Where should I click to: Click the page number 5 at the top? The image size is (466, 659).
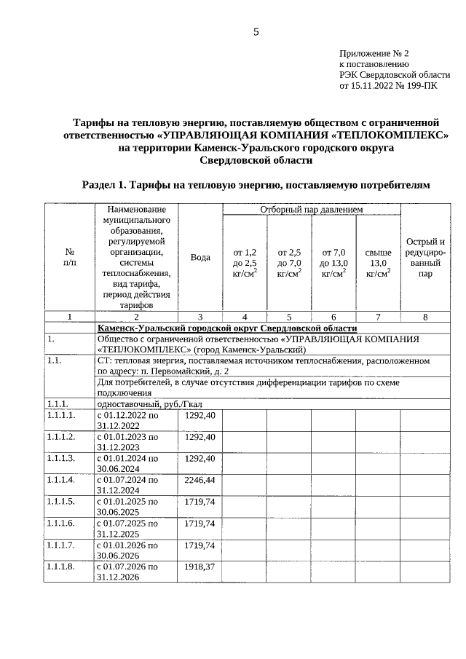pyautogui.click(x=256, y=31)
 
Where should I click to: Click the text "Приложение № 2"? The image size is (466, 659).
pyautogui.click(x=374, y=54)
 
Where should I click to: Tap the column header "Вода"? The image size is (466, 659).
pyautogui.click(x=200, y=258)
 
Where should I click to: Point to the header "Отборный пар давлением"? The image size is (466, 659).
pyautogui.click(x=311, y=210)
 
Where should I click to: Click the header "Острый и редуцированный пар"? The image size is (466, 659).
pyautogui.click(x=425, y=258)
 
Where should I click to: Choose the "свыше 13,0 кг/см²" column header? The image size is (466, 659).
pyautogui.click(x=377, y=263)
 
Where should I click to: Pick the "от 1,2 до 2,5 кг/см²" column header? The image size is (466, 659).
pyautogui.click(x=245, y=263)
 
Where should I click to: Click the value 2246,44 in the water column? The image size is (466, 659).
pyautogui.click(x=200, y=481)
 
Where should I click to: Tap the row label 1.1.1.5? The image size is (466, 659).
pyautogui.click(x=61, y=502)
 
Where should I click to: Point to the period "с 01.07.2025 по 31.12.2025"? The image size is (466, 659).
pyautogui.click(x=127, y=529)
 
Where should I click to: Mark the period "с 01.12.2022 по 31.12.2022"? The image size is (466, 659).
pyautogui.click(x=127, y=420)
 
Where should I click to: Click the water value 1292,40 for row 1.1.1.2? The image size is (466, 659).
pyautogui.click(x=200, y=437)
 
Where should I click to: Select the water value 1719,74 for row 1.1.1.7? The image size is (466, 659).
pyautogui.click(x=200, y=545)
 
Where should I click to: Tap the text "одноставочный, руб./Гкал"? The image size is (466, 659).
pyautogui.click(x=138, y=404)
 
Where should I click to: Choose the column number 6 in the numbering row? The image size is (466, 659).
pyautogui.click(x=333, y=317)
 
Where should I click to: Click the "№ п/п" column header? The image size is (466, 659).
pyautogui.click(x=69, y=258)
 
